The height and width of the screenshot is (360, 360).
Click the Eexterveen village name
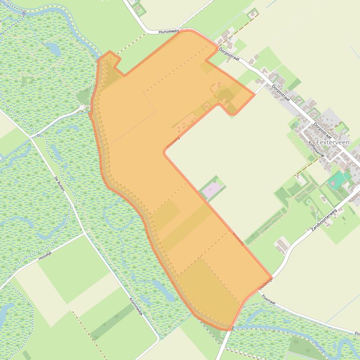tap(332, 142)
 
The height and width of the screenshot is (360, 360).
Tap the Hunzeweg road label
tap(169, 31)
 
